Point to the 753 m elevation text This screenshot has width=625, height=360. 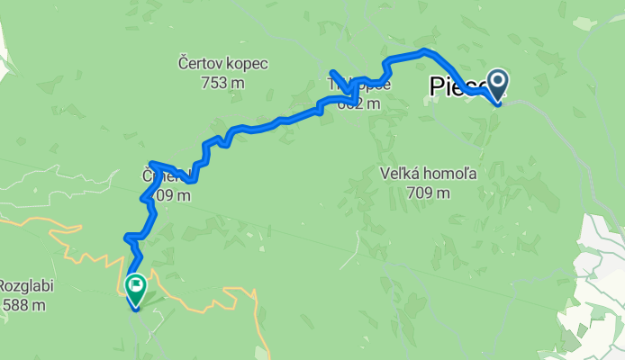click(x=224, y=83)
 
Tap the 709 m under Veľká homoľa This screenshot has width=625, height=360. click(x=429, y=193)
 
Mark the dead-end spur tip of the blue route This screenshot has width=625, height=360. click(x=332, y=71)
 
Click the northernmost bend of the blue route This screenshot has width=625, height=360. click(x=423, y=50)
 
